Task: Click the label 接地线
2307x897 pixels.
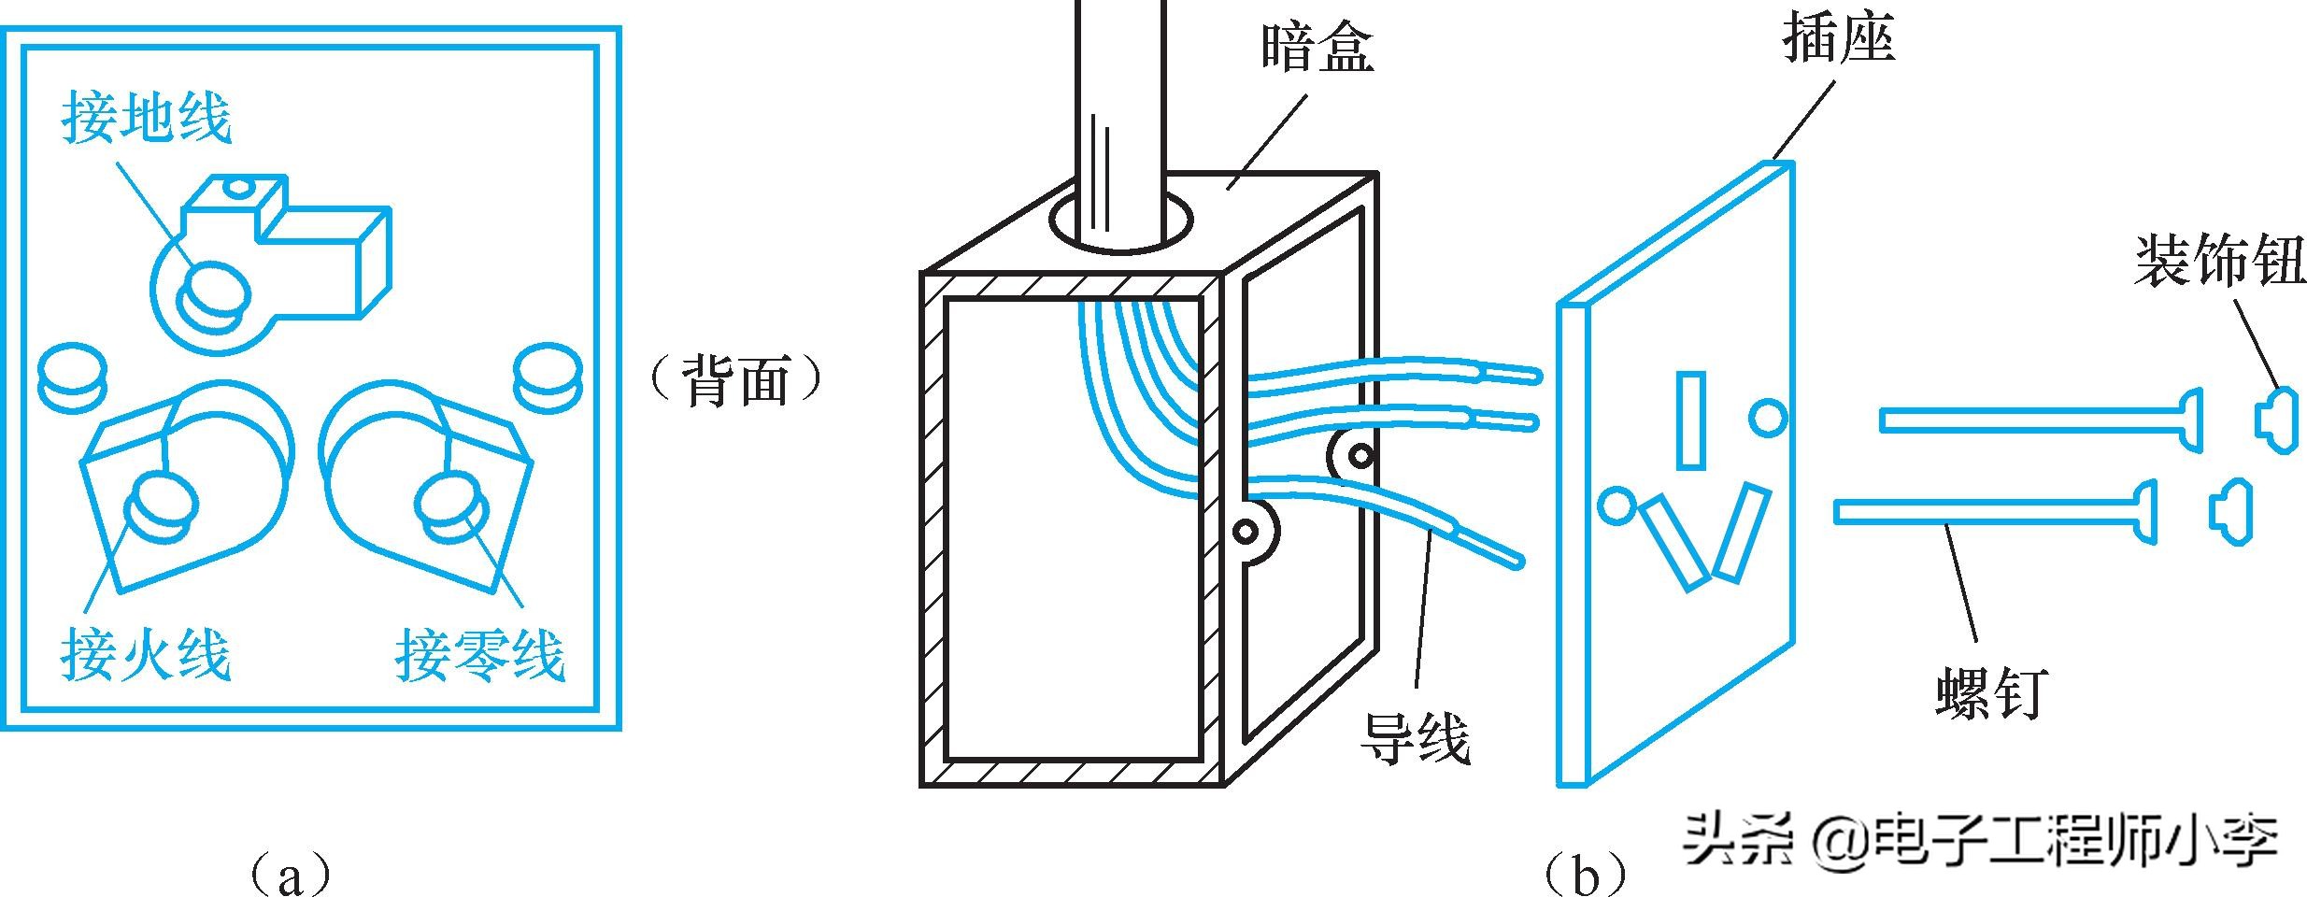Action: (x=146, y=119)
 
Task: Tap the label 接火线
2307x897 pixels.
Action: (x=146, y=654)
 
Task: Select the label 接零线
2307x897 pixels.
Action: (x=479, y=654)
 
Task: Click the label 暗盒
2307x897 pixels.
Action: (x=1317, y=49)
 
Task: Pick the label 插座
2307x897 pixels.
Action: (x=1840, y=39)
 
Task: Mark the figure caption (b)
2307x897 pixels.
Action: (x=1586, y=875)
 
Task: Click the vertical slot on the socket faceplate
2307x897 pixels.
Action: (x=1690, y=420)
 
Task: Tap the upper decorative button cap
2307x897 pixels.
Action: (x=2276, y=420)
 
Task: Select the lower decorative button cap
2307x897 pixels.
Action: (x=2231, y=511)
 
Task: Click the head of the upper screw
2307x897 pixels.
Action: (x=2190, y=421)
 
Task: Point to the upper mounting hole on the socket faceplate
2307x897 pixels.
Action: (x=1769, y=417)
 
